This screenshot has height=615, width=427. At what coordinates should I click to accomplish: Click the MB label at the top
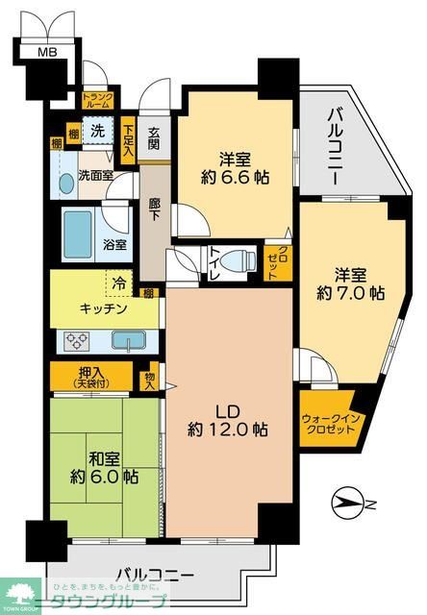[x=46, y=51]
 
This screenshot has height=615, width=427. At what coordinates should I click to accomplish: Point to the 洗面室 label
[x=95, y=176]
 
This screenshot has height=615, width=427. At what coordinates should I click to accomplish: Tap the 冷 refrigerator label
[x=118, y=283]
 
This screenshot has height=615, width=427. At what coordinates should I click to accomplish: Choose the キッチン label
[x=104, y=308]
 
